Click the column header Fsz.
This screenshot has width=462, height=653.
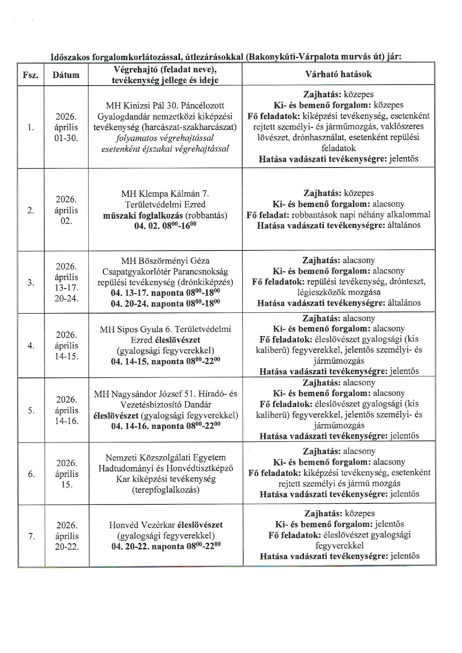coord(31,75)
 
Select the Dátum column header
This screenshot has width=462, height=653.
coord(66,75)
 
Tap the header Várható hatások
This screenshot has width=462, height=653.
coord(338,74)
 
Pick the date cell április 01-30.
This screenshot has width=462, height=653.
coord(66,128)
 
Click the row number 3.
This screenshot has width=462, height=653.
coord(31,283)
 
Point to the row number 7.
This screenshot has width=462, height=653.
coord(31,536)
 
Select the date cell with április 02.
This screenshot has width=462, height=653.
coord(66,210)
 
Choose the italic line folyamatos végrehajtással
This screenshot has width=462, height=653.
coord(165,138)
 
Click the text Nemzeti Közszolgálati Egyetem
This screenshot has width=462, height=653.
coord(165,458)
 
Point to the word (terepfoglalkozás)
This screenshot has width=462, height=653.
coord(165,490)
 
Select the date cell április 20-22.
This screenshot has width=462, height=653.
coord(67,536)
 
